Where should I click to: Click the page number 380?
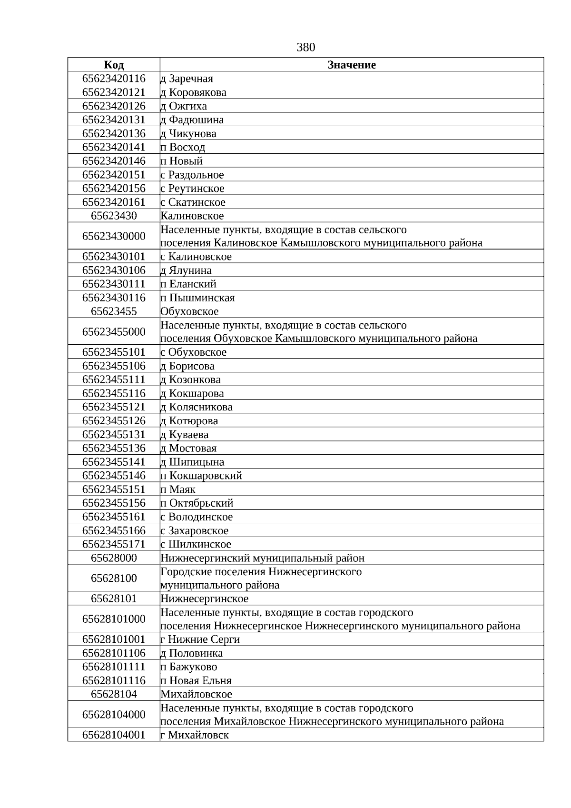(305, 47)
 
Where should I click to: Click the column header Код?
(114, 65)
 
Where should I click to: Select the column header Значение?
(352, 65)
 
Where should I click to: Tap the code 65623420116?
(114, 79)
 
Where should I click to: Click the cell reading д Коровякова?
(193, 92)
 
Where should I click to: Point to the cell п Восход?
(183, 147)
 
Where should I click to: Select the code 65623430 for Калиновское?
(114, 216)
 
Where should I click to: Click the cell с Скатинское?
(193, 202)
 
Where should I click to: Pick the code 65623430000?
(114, 236)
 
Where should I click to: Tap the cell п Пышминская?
(197, 298)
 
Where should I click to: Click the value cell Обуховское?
(189, 311)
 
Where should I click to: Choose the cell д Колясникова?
(197, 407)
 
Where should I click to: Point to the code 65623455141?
(114, 462)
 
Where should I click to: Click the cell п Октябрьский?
(197, 503)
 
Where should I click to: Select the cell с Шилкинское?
(196, 544)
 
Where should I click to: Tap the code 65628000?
(114, 558)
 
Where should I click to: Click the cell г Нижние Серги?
(200, 639)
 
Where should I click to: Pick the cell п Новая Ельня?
(196, 680)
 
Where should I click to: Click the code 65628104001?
(114, 735)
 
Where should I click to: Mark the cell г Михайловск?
(194, 735)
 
